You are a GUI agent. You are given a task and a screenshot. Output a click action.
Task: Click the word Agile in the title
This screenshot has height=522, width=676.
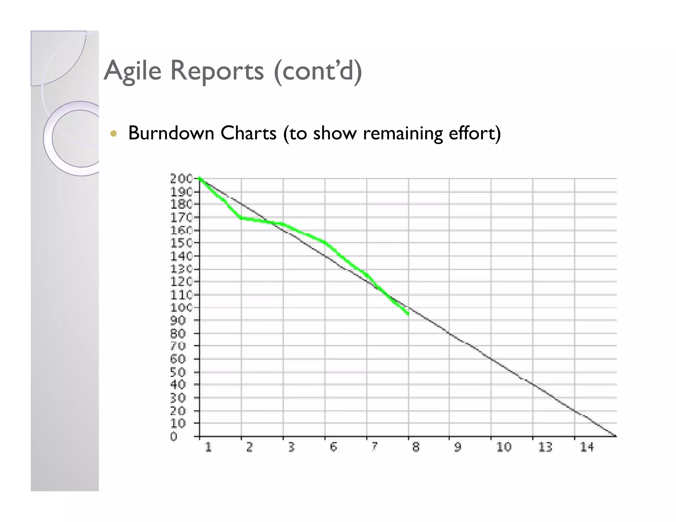pos(132,71)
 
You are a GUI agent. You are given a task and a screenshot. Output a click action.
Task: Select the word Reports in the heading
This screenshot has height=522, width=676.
pos(217,71)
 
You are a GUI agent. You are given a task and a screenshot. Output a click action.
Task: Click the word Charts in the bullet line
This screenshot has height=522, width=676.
pos(248,133)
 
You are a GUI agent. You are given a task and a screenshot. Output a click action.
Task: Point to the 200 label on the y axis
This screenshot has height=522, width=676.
pos(181,179)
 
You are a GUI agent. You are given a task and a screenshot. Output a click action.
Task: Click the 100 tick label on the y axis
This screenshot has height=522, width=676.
pos(181,308)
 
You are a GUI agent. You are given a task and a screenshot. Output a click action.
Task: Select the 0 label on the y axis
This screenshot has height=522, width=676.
pos(174,437)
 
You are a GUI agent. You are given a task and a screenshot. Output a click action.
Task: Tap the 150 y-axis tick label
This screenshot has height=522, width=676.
pos(181,243)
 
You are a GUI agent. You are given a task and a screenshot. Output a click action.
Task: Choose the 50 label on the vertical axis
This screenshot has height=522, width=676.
pos(178,372)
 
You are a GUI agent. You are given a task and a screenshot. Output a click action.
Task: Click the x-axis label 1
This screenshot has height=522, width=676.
pos(208,447)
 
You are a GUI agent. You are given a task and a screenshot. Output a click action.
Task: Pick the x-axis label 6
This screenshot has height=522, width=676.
pos(333,447)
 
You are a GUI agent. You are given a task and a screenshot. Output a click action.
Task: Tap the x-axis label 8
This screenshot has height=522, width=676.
pos(416,447)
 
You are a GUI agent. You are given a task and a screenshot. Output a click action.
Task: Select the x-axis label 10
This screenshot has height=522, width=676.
pos(504,447)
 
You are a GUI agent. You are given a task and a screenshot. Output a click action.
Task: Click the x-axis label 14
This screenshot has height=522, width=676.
pos(587,447)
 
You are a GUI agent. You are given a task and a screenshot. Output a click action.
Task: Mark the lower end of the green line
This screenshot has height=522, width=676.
pos(408,314)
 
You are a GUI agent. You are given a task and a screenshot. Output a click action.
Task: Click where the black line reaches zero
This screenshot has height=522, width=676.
pos(615,436)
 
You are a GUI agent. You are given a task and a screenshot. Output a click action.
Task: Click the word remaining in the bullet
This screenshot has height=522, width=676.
pos(403,133)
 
